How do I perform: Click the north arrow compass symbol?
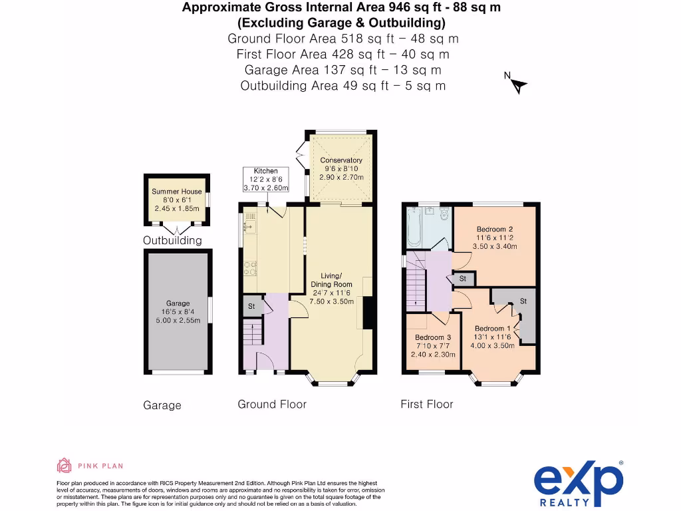[x=517, y=85]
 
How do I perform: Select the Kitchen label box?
[x=265, y=180]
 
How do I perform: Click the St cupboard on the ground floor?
[x=252, y=306]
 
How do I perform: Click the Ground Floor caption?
[x=272, y=404]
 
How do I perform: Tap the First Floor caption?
[x=426, y=404]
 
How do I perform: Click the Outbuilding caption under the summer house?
[x=172, y=240]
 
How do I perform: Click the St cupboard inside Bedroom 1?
[x=523, y=301]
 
